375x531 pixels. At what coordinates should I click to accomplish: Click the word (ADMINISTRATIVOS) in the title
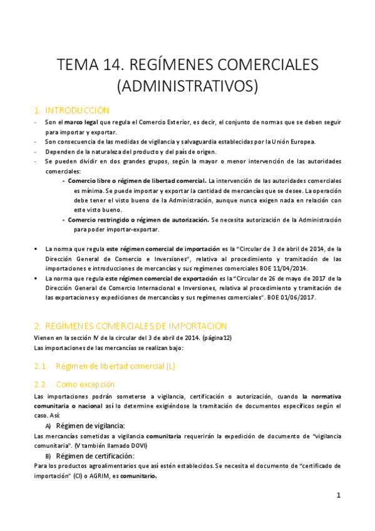click(187, 86)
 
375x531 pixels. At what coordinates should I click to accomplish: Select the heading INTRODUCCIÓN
click(78, 110)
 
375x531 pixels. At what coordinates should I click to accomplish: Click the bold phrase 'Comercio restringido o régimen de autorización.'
click(138, 220)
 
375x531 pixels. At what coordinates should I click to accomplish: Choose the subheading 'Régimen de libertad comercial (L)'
click(116, 366)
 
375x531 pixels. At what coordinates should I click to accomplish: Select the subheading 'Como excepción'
click(86, 384)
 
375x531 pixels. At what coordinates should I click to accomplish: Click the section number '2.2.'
click(41, 384)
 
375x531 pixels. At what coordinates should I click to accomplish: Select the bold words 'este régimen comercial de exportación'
click(162, 278)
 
